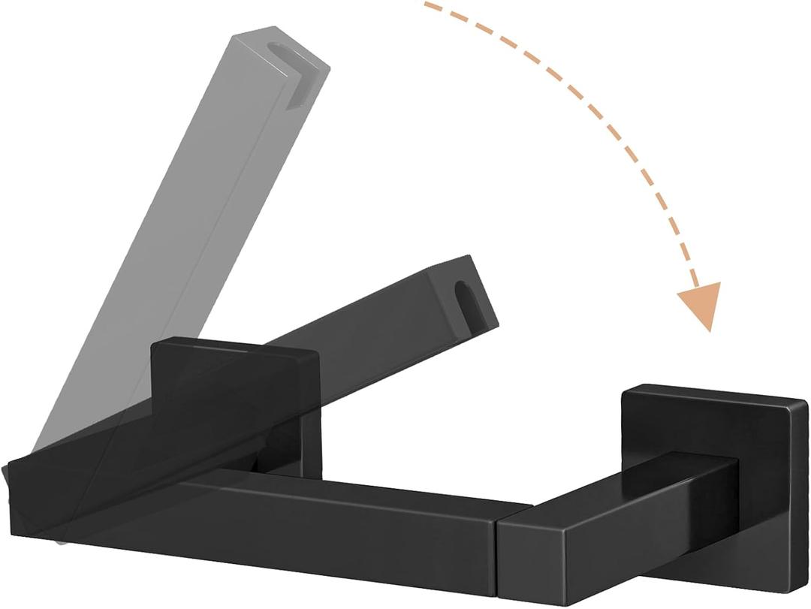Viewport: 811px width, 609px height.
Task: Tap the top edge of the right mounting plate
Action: pyautogui.click(x=713, y=393)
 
